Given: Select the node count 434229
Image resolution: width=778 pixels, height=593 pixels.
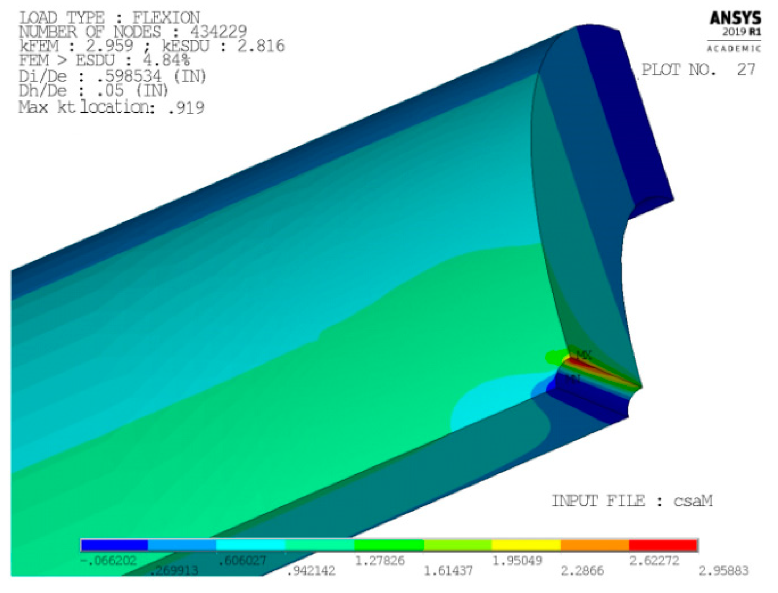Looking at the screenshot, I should tap(219, 32).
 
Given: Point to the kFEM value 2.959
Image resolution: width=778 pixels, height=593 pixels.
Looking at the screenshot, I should tap(110, 46).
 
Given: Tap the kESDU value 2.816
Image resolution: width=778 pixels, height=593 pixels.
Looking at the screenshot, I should tap(261, 46).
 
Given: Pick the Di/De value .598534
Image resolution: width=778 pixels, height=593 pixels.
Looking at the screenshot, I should tap(129, 76).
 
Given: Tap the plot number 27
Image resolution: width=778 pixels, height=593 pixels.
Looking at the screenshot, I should tap(746, 69).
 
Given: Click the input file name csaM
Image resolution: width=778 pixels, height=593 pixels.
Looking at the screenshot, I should tap(693, 501).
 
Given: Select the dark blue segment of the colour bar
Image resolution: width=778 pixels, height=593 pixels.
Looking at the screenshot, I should tap(114, 545).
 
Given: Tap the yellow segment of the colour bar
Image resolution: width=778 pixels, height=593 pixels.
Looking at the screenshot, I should tap(526, 545).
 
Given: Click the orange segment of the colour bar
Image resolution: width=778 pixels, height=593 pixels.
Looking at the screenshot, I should tap(595, 545).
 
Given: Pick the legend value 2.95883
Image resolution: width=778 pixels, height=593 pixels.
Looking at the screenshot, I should tap(723, 570).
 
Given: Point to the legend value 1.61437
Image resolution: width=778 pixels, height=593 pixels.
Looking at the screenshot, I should tap(448, 570).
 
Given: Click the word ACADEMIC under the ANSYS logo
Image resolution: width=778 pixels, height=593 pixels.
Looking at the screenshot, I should tap(734, 49).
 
